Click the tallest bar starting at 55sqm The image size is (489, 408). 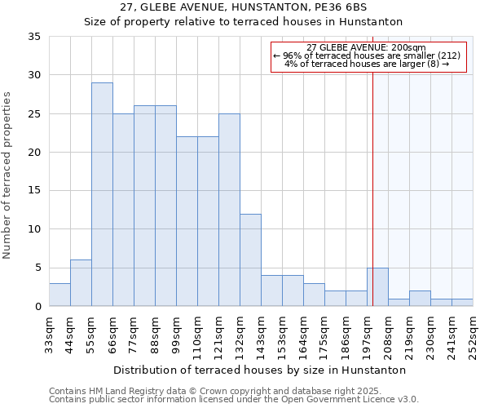[102, 194]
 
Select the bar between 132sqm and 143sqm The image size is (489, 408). [250, 259]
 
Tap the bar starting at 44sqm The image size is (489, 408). [81, 282]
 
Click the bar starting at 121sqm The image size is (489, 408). [229, 210]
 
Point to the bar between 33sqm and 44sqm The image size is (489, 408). [59, 295]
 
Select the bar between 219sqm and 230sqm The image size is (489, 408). [420, 298]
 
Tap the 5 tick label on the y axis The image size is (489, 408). [38, 268]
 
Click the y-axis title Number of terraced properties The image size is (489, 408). [8, 175]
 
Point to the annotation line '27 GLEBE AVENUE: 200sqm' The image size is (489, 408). [367, 47]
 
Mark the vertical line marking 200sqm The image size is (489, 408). [372, 204]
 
